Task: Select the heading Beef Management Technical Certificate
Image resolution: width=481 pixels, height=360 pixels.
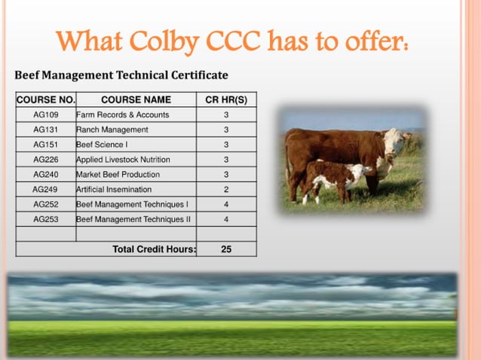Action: [x=121, y=75]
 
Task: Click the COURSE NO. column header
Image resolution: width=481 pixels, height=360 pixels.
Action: [x=45, y=99]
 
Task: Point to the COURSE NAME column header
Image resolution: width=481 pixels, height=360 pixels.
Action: [x=136, y=99]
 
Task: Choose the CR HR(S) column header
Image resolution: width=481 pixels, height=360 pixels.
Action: [x=226, y=99]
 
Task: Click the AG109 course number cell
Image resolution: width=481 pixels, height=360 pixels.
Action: [x=45, y=114]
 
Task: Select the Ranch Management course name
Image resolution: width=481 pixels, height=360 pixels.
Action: [x=112, y=130]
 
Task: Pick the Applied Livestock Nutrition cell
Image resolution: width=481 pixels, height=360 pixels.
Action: [x=123, y=160]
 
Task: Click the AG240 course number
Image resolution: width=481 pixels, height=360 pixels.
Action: [x=45, y=175]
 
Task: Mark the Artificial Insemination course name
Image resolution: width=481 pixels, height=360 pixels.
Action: [x=113, y=190]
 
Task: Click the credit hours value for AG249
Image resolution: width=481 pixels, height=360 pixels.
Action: [x=226, y=190]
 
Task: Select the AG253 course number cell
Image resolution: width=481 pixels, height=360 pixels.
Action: [x=45, y=219]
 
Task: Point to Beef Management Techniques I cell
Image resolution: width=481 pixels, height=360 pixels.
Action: [x=132, y=204]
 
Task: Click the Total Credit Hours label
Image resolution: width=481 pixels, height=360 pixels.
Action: [x=154, y=249]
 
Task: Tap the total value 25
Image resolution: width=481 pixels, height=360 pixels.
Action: [x=226, y=249]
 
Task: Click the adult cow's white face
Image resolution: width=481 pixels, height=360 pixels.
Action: [x=394, y=141]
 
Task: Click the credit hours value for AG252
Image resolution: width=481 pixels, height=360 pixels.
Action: [x=226, y=204]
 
